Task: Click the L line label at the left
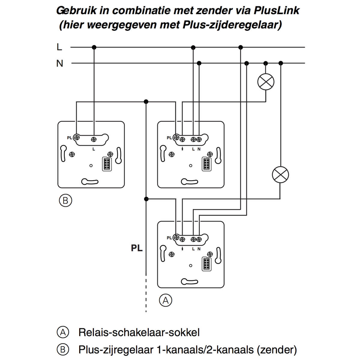click(x=59, y=47)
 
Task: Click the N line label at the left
click(x=60, y=63)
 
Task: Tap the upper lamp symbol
click(x=266, y=82)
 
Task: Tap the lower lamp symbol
click(x=280, y=175)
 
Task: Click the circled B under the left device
click(x=65, y=200)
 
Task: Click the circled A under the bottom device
click(x=166, y=300)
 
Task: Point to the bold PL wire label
click(x=137, y=248)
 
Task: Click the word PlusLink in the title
click(x=276, y=10)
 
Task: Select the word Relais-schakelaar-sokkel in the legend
click(x=139, y=332)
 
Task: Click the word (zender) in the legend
click(x=276, y=349)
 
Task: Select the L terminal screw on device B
click(x=94, y=139)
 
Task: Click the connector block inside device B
click(x=106, y=164)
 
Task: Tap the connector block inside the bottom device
click(x=206, y=264)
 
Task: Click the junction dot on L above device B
click(x=94, y=47)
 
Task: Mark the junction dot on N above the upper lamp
click(x=265, y=63)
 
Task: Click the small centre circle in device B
click(x=91, y=166)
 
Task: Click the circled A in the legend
click(x=63, y=332)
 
